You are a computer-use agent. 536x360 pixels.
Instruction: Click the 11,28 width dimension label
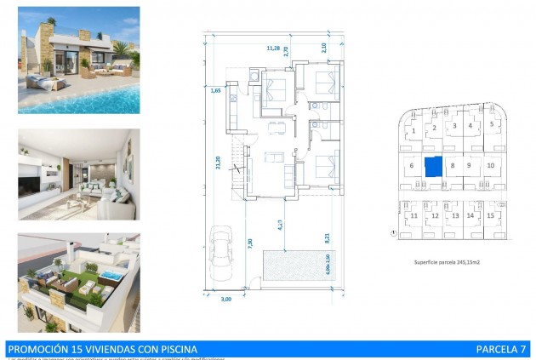273,49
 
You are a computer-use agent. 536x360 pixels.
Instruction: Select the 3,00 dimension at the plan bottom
225,300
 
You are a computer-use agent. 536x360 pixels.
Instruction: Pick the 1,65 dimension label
215,89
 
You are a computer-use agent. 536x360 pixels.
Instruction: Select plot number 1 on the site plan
413,131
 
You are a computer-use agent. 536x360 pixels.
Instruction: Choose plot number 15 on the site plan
490,215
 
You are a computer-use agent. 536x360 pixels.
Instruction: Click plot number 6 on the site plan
412,165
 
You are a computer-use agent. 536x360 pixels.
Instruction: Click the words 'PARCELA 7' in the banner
502,348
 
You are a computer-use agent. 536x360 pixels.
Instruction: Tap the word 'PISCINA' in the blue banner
174,348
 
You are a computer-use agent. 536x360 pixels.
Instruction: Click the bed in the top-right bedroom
324,85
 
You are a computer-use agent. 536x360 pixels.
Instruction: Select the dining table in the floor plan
274,129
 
